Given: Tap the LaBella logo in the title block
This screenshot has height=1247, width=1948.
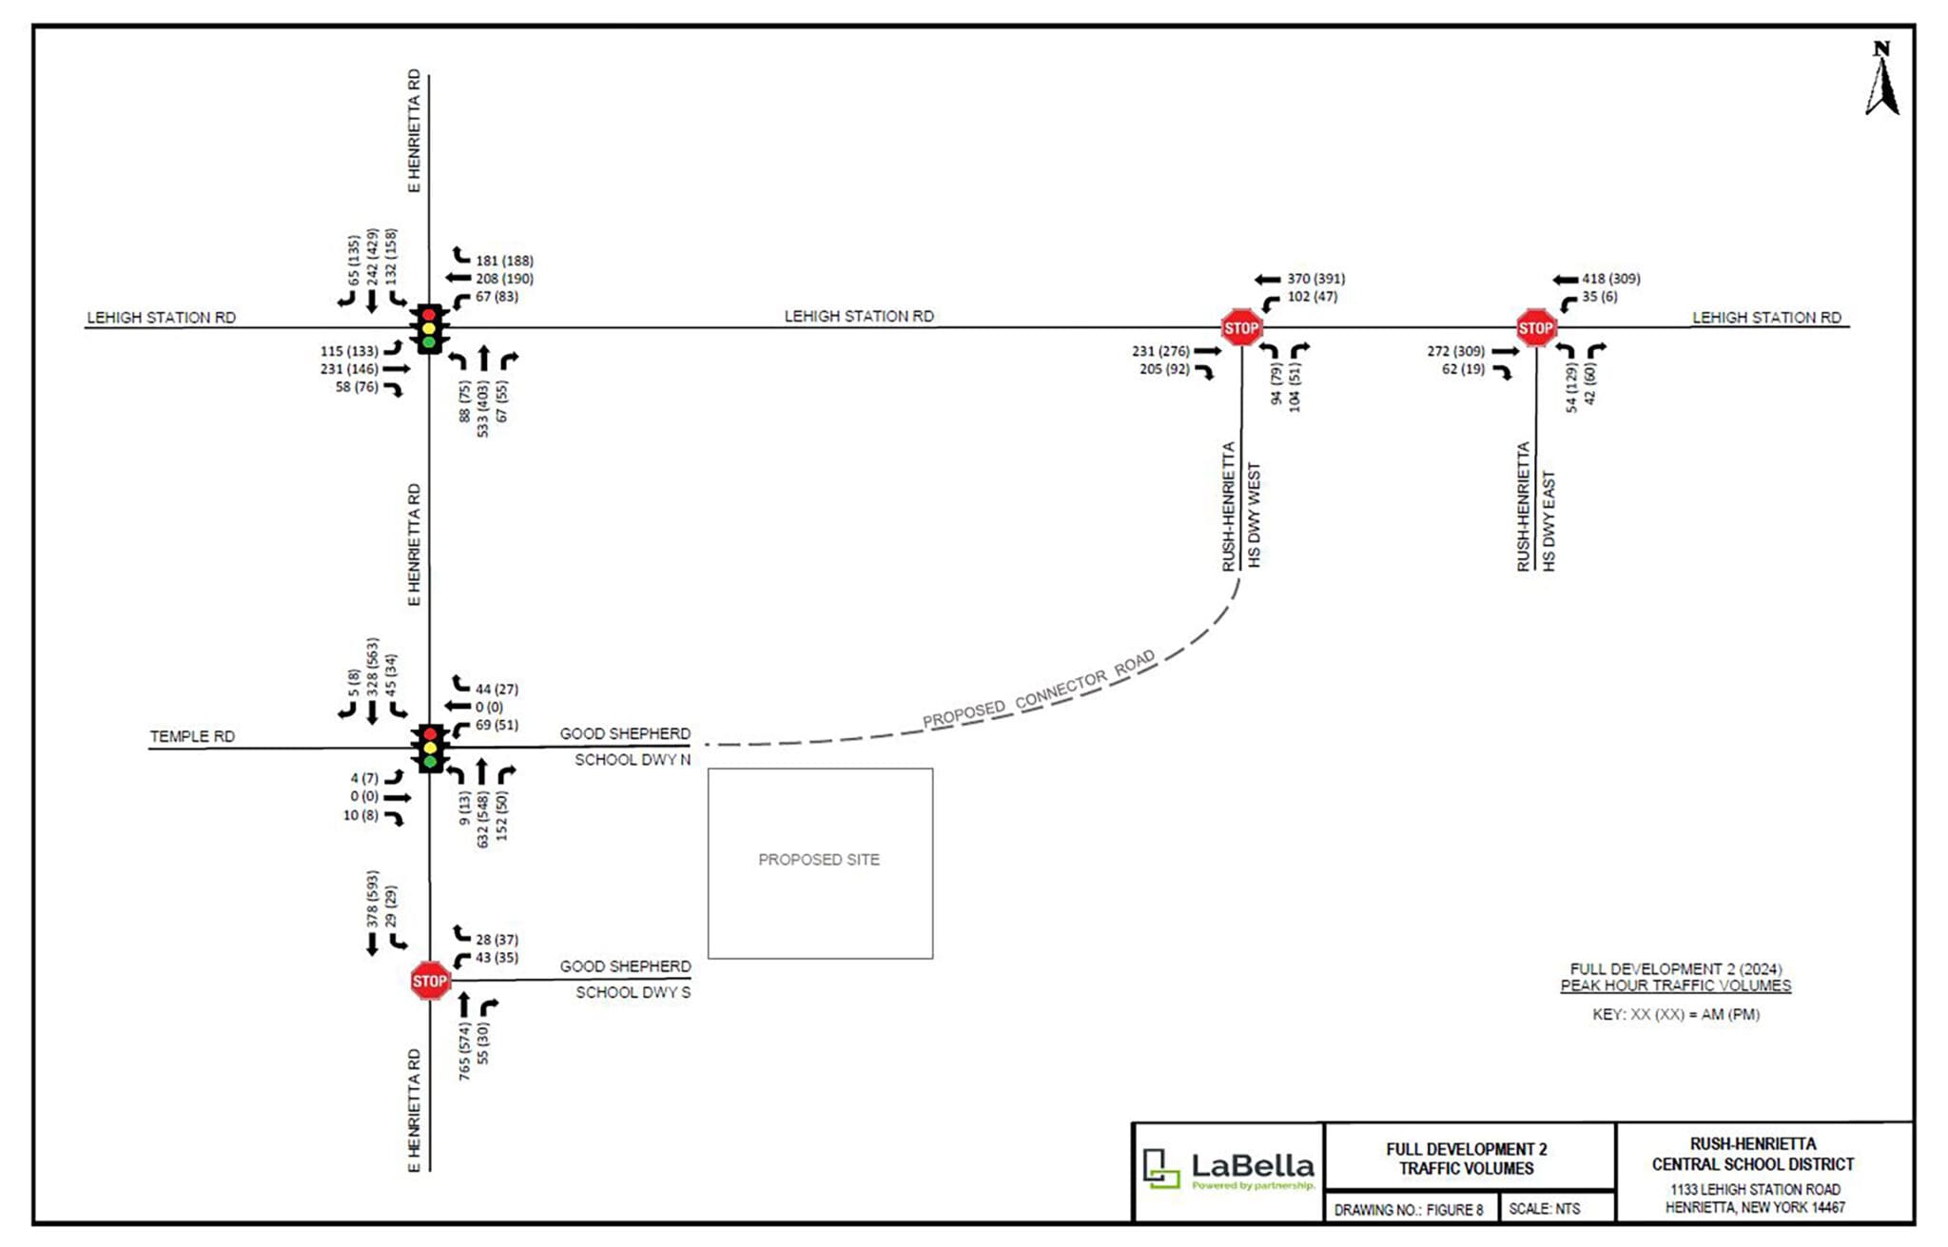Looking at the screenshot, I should pos(1228,1169).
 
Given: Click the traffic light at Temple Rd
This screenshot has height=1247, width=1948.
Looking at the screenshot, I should pos(430,748).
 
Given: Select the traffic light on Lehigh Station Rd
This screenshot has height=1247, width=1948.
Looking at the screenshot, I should pos(429,328).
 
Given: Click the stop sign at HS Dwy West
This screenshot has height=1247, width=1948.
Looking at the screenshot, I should pos(1241,328).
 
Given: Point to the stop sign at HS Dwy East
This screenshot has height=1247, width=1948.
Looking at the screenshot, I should pos(1536,328).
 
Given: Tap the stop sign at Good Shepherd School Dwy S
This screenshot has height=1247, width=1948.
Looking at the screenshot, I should pos(429,981).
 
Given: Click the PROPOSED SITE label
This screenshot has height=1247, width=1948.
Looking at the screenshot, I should pos(819,860).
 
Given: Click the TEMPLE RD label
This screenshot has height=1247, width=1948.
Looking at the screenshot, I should pos(192,736).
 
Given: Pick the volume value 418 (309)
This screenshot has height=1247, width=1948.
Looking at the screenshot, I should pos(1610,279).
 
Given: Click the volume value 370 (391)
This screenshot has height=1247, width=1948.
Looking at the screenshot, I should pos(1315,279).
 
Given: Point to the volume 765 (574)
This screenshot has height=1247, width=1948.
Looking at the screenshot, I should pos(464,1051).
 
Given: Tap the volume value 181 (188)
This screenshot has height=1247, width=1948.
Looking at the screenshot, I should pos(504,261).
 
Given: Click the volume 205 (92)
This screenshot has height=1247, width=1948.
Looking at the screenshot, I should pos(1164,369).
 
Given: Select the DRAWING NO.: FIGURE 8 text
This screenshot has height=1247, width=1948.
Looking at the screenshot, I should pos(1408,1210).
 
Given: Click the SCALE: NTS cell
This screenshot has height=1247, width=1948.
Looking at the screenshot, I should pos(1544,1209).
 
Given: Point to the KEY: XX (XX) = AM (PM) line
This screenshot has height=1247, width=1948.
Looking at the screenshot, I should pos(1676,1014).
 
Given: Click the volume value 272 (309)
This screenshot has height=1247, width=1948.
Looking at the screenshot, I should pos(1455,351).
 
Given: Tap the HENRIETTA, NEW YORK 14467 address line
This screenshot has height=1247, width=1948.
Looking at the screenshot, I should pos(1754,1207).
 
